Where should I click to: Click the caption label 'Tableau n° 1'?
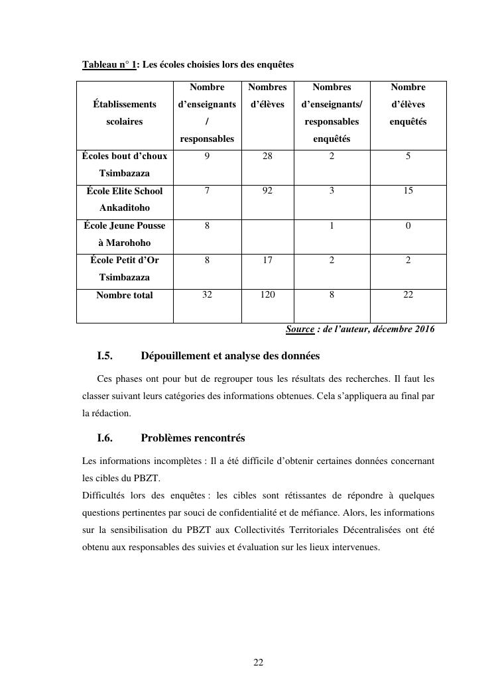click(x=109, y=65)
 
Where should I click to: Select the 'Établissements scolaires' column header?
click(x=125, y=113)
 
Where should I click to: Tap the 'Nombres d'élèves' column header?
click(x=267, y=95)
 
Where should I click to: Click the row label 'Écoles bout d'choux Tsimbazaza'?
click(x=125, y=164)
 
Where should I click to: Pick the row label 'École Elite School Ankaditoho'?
click(x=125, y=199)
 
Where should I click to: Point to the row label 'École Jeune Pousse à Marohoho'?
click(x=125, y=234)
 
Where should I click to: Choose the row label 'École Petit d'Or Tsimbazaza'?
click(x=125, y=268)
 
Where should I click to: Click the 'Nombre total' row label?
click(x=125, y=296)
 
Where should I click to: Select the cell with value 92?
click(x=267, y=191)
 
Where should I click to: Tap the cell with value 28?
click(x=267, y=156)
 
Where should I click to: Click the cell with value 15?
click(x=408, y=191)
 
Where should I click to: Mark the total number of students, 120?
click(x=267, y=295)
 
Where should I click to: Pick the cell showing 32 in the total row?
click(x=207, y=295)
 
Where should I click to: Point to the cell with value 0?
click(x=408, y=225)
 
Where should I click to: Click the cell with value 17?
click(x=267, y=261)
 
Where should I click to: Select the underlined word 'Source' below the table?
click(x=300, y=329)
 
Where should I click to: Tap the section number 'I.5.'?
click(x=105, y=356)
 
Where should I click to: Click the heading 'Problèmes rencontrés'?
click(x=193, y=438)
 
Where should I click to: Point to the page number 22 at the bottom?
click(x=259, y=662)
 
